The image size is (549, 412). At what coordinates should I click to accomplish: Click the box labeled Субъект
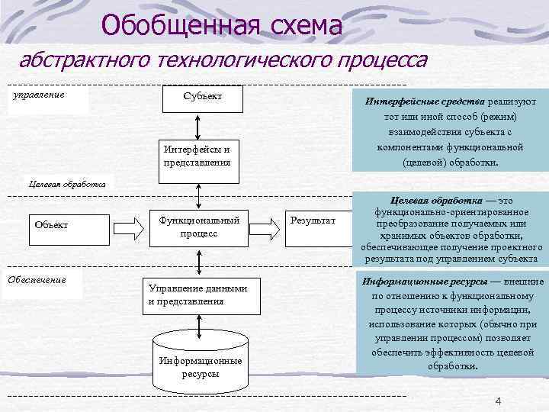pyautogui.click(x=202, y=97)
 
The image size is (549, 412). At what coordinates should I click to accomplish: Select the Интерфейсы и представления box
pyautogui.click(x=197, y=156)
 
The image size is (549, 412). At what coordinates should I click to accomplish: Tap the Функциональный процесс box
pyautogui.click(x=199, y=227)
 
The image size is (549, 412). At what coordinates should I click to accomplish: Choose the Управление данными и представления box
pyautogui.click(x=197, y=295)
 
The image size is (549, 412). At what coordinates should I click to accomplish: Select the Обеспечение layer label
pyautogui.click(x=37, y=279)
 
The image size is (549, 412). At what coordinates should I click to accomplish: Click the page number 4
pyautogui.click(x=498, y=402)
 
